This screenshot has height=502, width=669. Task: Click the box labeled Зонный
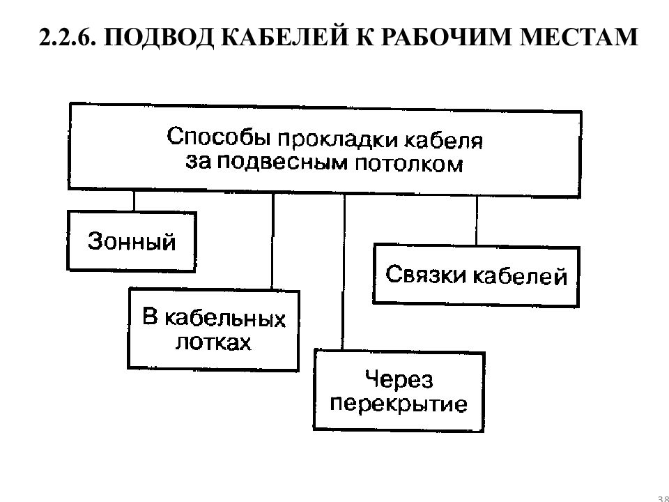coord(132,242)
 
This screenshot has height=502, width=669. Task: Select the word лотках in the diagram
coord(213,342)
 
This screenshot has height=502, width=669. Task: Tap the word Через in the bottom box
coord(399,380)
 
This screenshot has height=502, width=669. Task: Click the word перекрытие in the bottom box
coord(399,404)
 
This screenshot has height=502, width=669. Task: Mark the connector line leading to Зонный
coord(134,201)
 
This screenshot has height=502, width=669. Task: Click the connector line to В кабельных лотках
coord(272,242)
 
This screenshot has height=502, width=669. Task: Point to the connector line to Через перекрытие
coord(344,273)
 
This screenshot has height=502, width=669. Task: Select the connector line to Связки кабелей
coord(476,221)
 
